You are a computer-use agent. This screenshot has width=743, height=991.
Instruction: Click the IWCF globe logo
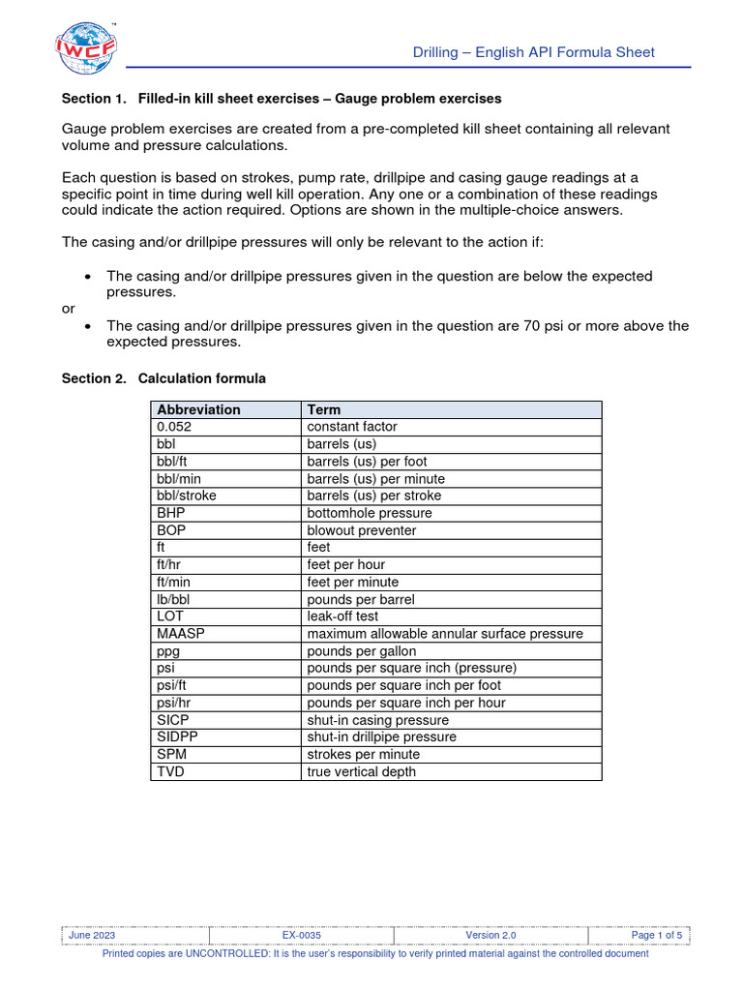coord(86,49)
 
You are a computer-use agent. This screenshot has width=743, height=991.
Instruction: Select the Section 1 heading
coord(282,99)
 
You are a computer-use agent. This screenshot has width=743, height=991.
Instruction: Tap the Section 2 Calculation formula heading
coord(163,378)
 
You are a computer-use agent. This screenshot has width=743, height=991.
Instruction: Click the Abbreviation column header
coord(198,409)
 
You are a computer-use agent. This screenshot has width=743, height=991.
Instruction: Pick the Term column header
coord(324,409)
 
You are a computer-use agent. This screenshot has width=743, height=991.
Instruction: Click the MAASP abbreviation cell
coord(181,634)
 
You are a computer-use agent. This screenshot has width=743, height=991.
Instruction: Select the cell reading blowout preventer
coord(361,530)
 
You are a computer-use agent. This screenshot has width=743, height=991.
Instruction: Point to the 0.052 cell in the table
coord(174,427)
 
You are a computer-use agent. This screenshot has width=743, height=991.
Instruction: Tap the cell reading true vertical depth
coord(362,772)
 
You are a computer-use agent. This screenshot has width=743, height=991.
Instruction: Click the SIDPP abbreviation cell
coord(178,737)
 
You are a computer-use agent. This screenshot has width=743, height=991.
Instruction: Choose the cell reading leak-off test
coord(342,616)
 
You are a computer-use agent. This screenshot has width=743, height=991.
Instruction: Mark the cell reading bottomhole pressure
coord(369,513)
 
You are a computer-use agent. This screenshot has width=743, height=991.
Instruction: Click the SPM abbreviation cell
coord(171,755)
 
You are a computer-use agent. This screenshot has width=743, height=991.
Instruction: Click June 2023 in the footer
coord(92,935)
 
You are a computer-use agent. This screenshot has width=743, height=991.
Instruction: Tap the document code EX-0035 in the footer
coord(302,935)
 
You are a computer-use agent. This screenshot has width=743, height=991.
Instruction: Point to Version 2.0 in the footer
coord(490,935)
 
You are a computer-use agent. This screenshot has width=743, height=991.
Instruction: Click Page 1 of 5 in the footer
coord(657,935)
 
